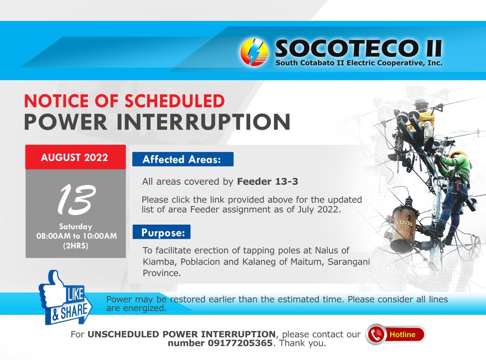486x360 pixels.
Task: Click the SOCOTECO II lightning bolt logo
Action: coord(254,52)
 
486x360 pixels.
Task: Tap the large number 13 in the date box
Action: coord(76,199)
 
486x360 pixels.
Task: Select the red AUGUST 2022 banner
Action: coord(75,157)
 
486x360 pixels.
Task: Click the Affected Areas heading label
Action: coord(183,159)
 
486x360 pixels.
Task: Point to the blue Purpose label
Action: coord(161,232)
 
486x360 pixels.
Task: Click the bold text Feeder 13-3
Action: coord(268,181)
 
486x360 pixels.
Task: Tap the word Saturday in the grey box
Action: coord(75,227)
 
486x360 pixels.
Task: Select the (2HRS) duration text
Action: coord(75,246)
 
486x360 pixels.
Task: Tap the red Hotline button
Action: coord(396,334)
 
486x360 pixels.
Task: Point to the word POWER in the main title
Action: coord(66,122)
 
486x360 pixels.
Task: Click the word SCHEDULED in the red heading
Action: coord(175,101)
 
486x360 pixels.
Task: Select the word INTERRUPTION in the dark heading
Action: coord(204,122)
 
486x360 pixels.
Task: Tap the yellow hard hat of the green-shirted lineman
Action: coord(458,154)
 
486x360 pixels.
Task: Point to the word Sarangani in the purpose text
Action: coord(349,262)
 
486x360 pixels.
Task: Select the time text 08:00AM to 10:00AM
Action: coord(76,236)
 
